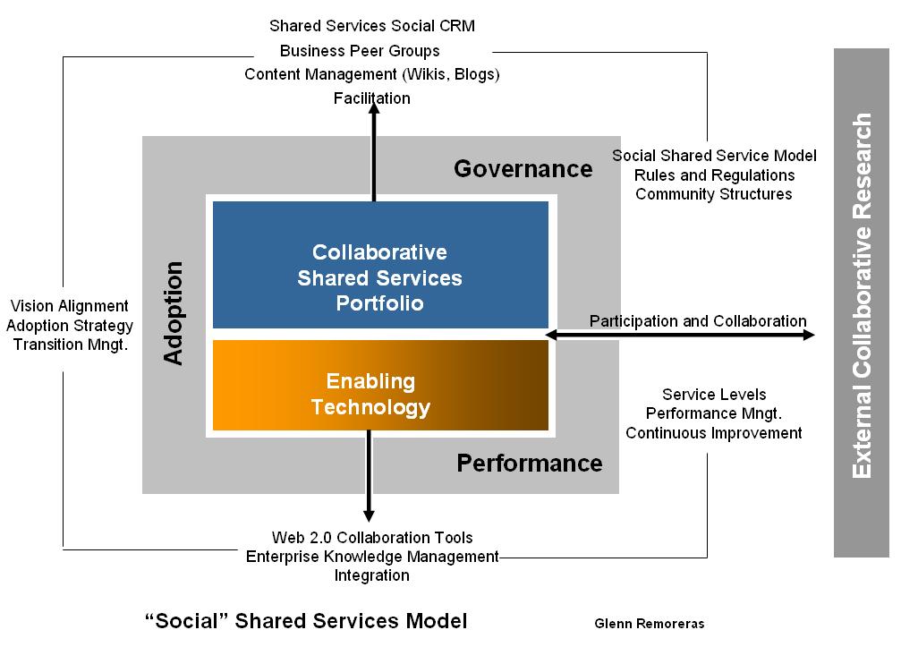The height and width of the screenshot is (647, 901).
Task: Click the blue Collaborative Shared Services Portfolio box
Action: click(379, 277)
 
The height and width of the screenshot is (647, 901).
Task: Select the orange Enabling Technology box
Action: click(379, 394)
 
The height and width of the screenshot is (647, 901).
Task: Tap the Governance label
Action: click(523, 168)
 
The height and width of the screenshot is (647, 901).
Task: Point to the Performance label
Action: click(530, 463)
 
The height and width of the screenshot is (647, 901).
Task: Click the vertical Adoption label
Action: click(174, 312)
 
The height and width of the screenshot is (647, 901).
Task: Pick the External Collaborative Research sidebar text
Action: click(862, 295)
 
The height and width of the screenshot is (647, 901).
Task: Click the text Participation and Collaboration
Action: click(698, 321)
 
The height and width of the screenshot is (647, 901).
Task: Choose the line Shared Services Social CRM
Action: click(372, 26)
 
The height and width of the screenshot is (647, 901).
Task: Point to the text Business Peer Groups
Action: click(360, 51)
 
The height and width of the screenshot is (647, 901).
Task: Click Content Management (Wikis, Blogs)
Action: click(372, 74)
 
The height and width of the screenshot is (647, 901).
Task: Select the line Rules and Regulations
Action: click(714, 175)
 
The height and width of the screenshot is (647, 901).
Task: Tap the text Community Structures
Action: click(714, 194)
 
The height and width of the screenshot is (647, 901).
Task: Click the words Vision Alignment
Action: click(70, 306)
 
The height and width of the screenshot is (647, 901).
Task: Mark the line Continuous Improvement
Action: click(714, 433)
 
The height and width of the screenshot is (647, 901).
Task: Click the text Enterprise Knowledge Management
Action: click(372, 557)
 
